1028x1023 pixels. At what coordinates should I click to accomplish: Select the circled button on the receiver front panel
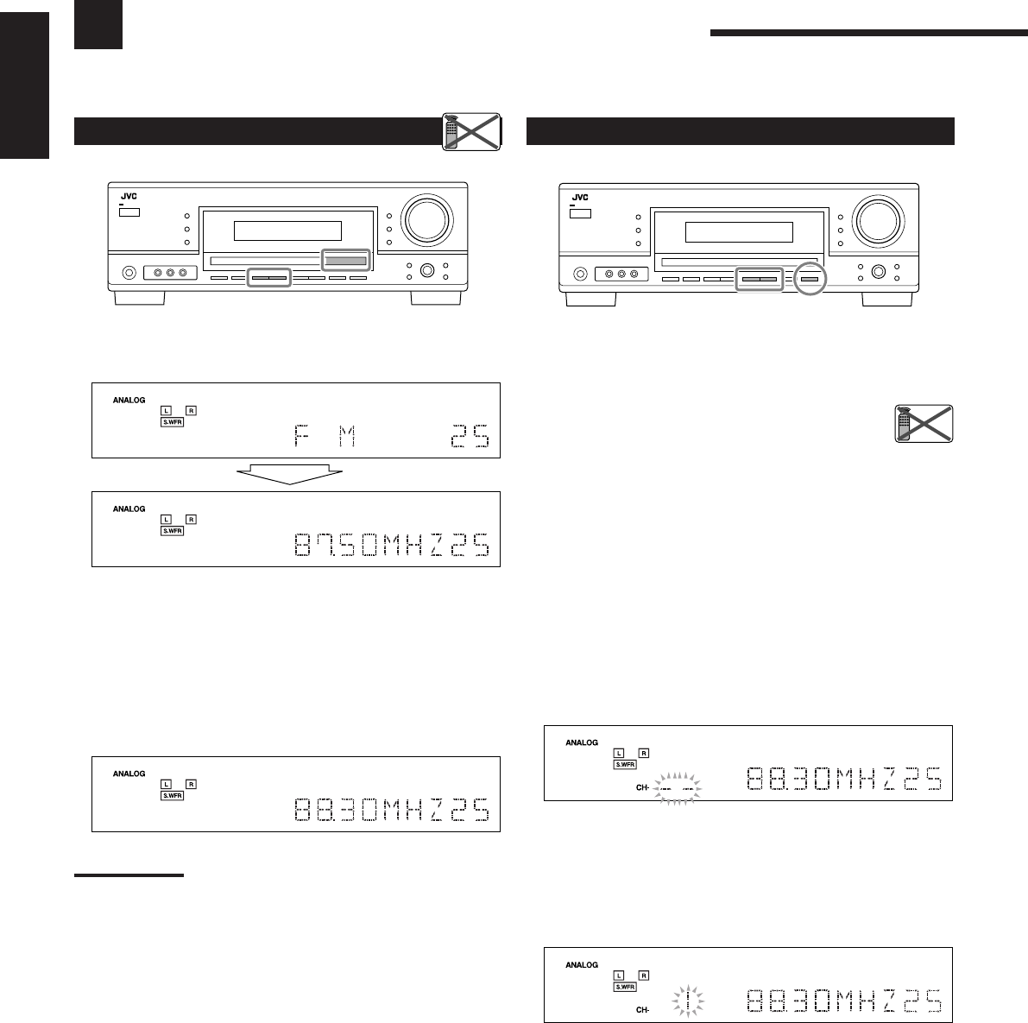point(809,278)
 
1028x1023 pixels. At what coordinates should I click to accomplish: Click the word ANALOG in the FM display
point(129,401)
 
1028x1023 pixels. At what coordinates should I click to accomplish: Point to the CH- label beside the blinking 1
point(642,1009)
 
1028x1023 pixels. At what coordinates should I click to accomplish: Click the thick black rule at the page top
point(868,35)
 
